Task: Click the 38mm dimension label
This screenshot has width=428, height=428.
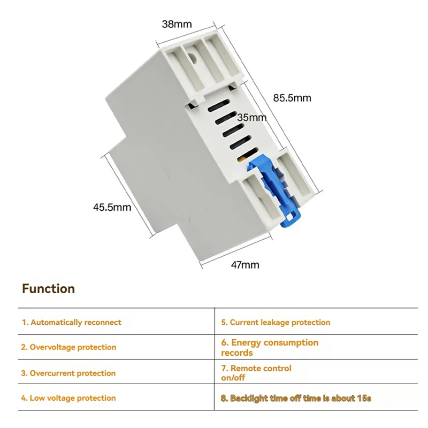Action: coord(177,24)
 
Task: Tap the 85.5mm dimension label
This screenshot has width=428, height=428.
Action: coord(292,98)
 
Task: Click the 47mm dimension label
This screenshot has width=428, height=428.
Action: coord(244,264)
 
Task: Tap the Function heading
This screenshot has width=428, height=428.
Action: coord(49,289)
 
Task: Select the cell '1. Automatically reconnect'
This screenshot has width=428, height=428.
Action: coord(72,323)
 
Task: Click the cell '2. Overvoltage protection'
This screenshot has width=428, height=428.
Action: coord(69,347)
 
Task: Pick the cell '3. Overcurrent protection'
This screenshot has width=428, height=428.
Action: coord(68,373)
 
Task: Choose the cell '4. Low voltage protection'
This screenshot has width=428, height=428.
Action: coord(68,398)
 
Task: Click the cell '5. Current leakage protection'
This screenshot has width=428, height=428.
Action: coord(276,323)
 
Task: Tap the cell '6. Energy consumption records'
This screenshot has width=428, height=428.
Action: coord(270,347)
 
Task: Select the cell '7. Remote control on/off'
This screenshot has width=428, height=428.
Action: coord(256,373)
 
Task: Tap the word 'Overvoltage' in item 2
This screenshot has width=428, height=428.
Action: coord(52,347)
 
